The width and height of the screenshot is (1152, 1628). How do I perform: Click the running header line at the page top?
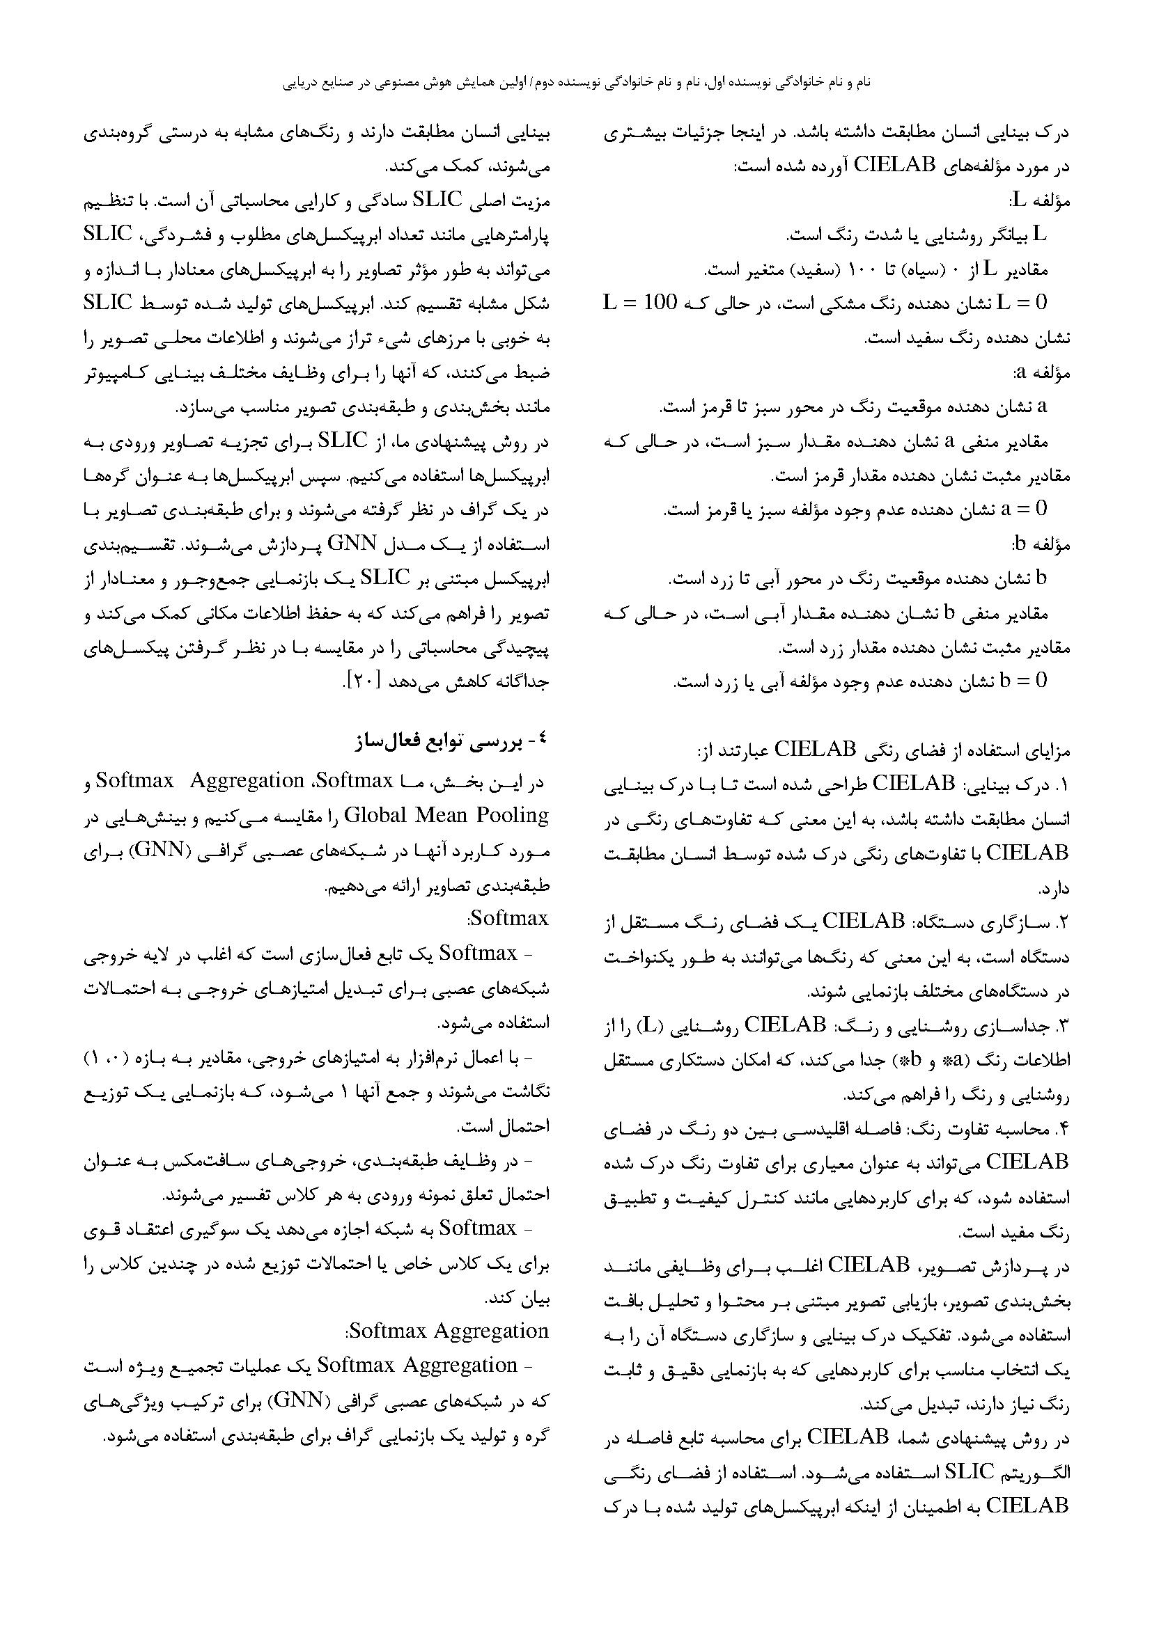[576, 83]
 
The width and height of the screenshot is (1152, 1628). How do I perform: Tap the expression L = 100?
[641, 303]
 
